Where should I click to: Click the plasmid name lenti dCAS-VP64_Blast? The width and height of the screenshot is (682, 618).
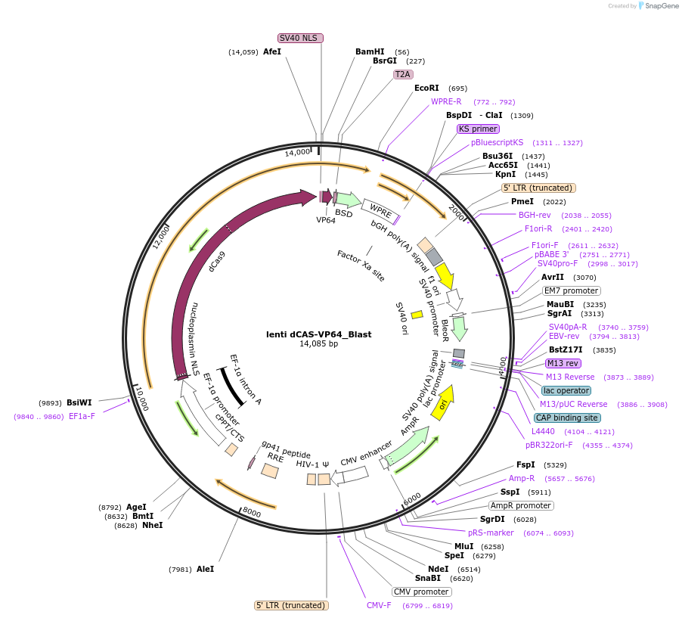pos(318,334)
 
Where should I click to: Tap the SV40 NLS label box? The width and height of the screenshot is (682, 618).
pos(300,38)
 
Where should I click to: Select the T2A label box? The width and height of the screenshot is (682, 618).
pos(402,74)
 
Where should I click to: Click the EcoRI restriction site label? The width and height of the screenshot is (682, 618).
pos(426,89)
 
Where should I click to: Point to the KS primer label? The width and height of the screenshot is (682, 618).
pos(478,129)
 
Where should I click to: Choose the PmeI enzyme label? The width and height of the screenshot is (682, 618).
pos(522,202)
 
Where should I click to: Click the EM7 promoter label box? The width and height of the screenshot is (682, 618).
pos(572,290)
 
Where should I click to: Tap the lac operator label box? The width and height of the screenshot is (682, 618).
pos(565,391)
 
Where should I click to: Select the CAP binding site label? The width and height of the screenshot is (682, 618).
pos(567,418)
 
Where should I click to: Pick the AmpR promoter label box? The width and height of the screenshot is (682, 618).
pos(521,505)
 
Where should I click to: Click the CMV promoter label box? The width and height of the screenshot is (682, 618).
pos(421,592)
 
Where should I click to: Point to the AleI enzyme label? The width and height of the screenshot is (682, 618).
pos(205,569)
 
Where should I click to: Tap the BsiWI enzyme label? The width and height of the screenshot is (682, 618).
pos(79,403)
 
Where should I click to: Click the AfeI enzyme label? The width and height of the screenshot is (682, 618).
pos(271,52)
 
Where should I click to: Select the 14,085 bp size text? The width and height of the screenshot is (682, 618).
pos(318,344)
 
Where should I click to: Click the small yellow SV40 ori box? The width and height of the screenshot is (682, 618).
pos(417,314)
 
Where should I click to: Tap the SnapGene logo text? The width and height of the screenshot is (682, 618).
pos(661,6)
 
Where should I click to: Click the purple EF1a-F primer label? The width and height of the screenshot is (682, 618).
pos(82,417)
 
